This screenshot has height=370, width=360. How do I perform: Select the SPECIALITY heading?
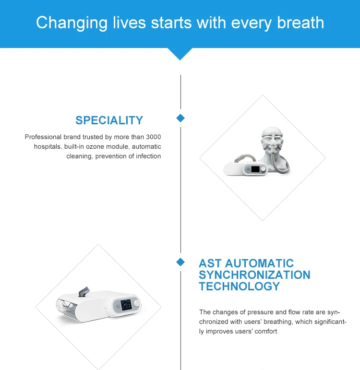coord(109,120)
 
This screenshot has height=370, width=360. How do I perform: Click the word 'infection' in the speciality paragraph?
coord(146,156)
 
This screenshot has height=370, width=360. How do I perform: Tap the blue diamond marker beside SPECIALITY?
coord(180,118)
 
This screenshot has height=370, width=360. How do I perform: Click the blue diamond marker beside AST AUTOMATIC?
coord(180,262)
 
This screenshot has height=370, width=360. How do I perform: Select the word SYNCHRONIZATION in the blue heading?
coord(254,275)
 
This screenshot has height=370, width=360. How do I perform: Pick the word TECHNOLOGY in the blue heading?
coord(239,286)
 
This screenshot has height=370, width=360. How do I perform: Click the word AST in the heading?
coord(210,263)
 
